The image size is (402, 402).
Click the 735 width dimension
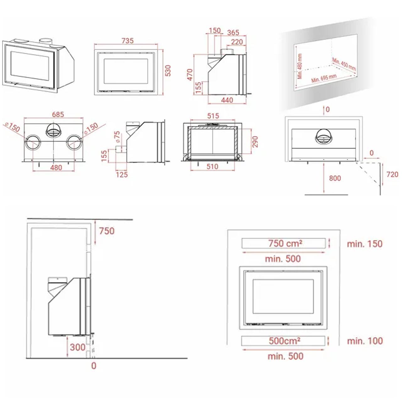(x=128, y=41)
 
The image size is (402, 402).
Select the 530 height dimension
(x=168, y=71)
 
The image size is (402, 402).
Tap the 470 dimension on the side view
(x=190, y=75)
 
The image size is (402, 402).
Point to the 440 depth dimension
(x=227, y=100)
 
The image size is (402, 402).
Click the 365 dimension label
(x=233, y=33)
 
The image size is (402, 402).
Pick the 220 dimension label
(x=237, y=42)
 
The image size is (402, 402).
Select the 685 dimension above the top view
(x=58, y=115)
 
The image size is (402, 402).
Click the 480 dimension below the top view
(x=56, y=167)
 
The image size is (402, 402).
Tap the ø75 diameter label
(x=117, y=137)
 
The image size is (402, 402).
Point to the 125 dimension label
(x=122, y=175)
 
